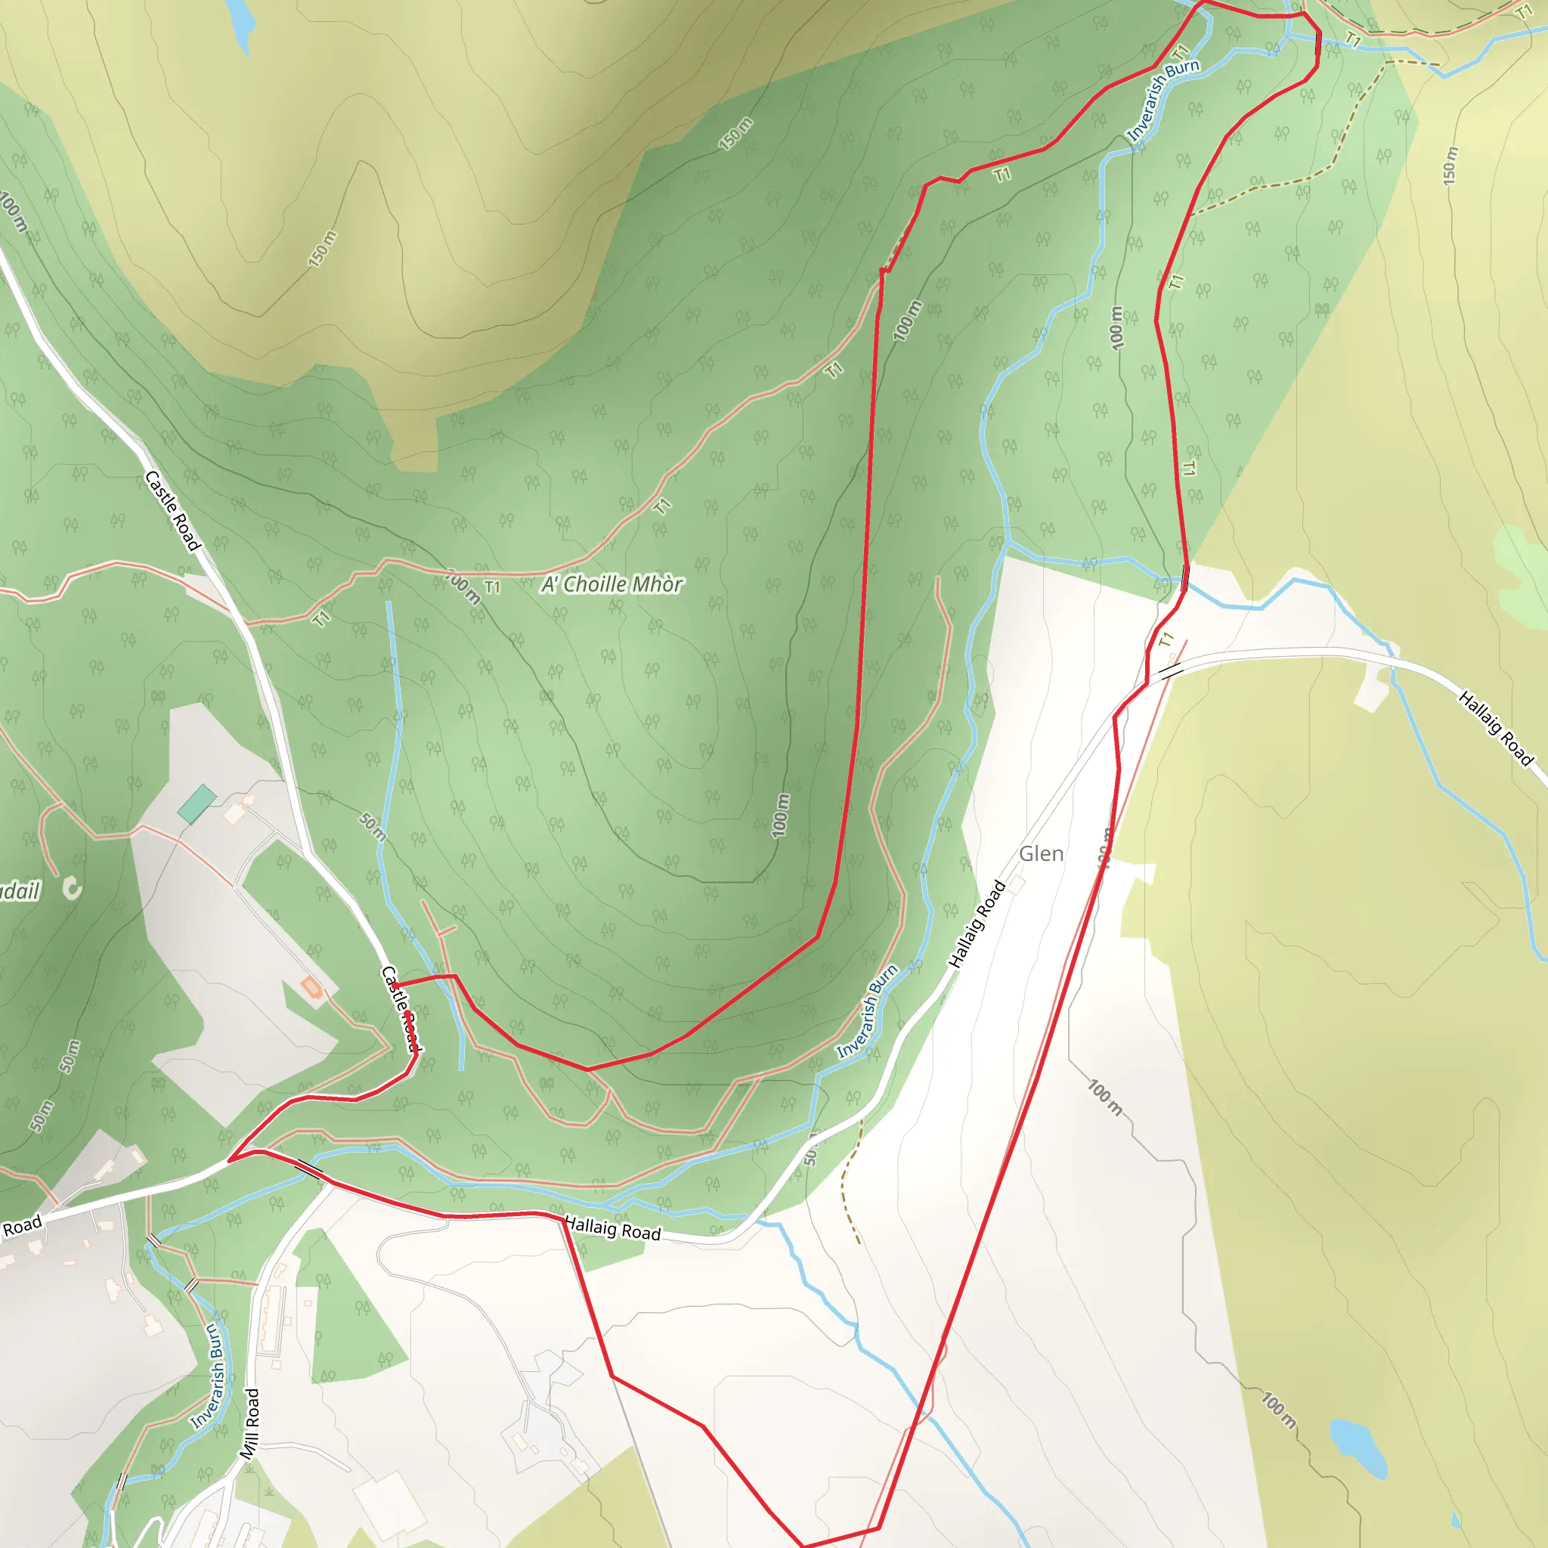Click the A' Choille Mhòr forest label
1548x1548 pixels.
(x=612, y=585)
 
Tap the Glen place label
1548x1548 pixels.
(x=1041, y=854)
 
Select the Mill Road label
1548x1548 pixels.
(x=250, y=1424)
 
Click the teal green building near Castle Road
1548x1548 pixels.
(x=197, y=803)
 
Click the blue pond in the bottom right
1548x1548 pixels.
(x=1359, y=1447)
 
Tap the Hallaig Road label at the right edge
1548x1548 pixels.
(x=1495, y=729)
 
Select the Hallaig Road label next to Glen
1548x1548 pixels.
(x=977, y=924)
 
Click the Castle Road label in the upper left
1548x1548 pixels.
(x=172, y=510)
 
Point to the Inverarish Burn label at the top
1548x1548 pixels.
(x=1162, y=101)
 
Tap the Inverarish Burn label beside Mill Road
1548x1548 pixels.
(x=204, y=1376)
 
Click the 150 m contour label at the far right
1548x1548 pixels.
(x=1450, y=166)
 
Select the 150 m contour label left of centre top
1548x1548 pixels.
(x=322, y=249)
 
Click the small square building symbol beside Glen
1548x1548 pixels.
(x=1017, y=884)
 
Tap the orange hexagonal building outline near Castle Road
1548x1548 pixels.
(x=311, y=987)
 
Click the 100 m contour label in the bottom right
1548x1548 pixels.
(x=1278, y=1411)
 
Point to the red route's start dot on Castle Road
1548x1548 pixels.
(x=395, y=985)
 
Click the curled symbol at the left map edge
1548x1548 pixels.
(x=72, y=888)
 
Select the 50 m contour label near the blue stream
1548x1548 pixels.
(x=373, y=827)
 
